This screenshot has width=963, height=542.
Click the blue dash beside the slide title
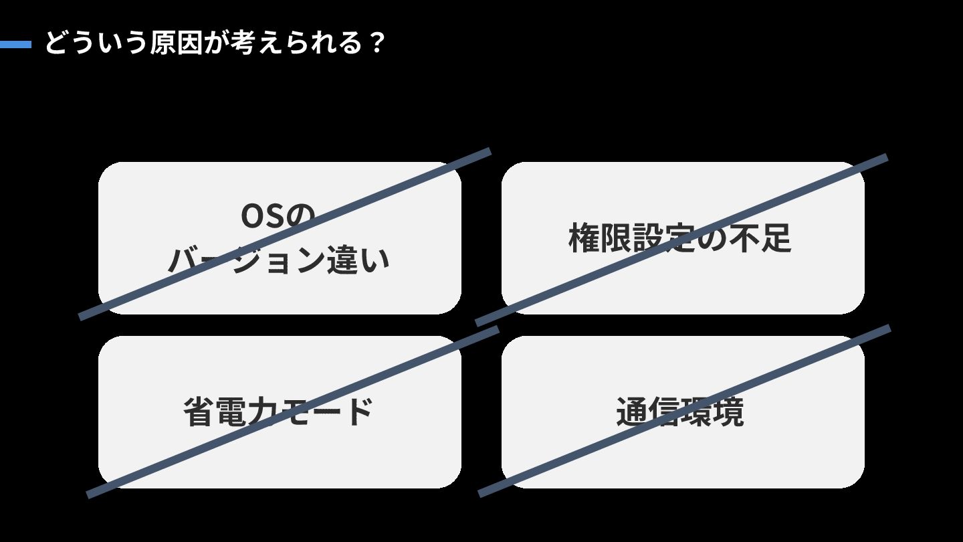[x=15, y=45]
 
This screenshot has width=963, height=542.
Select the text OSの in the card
[x=277, y=215]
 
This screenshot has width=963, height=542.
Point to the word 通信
[x=647, y=412]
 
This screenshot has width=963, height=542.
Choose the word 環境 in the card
[x=712, y=412]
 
